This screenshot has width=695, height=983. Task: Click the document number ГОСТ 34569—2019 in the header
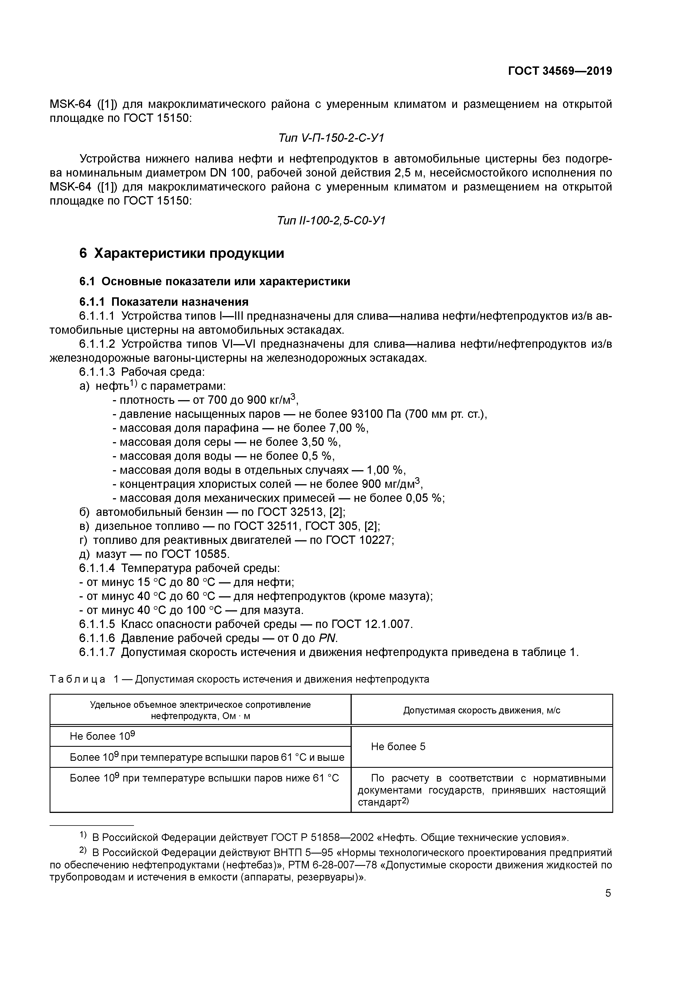tap(560, 71)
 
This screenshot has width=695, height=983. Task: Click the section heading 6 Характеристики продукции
tap(182, 254)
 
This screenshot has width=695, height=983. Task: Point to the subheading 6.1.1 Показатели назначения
tap(164, 302)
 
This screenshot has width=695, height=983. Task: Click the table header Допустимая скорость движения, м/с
tap(481, 710)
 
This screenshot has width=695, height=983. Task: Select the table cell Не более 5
tap(398, 747)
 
